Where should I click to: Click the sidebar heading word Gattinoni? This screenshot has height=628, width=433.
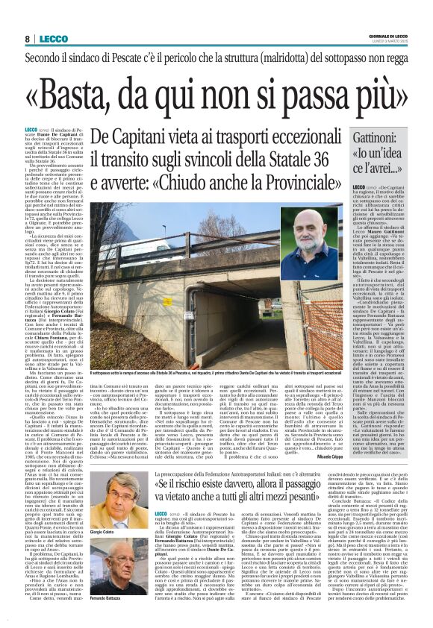click(x=369, y=137)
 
